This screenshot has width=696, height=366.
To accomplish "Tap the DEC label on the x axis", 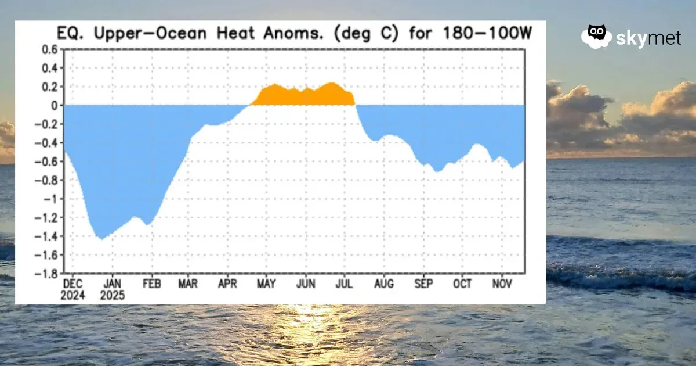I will tap(73, 284).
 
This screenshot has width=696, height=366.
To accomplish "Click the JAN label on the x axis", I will tap(112, 284).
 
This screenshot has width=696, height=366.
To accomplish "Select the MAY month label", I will tap(266, 284).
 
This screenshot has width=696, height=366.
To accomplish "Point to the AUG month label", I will tap(384, 284).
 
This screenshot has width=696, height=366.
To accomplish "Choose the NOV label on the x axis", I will tap(502, 284).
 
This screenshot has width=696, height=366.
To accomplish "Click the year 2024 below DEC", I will tap(73, 295).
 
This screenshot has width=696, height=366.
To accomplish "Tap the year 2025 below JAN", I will tap(112, 295).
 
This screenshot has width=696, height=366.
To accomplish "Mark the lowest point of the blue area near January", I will tap(101, 238).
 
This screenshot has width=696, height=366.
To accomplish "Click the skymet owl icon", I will tap(596, 36).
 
